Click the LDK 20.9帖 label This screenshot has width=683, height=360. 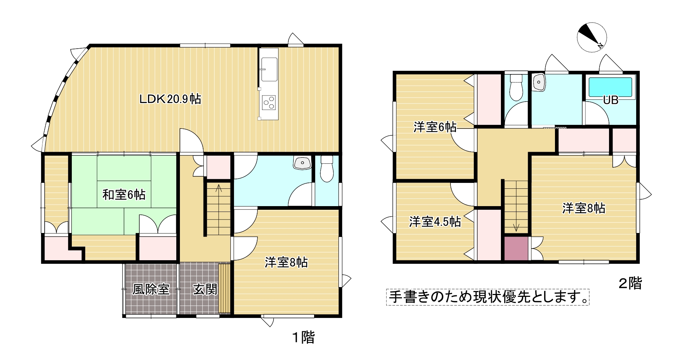(170, 99)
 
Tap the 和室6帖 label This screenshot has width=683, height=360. (124, 195)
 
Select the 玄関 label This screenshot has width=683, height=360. (205, 289)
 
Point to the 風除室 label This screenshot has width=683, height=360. (151, 289)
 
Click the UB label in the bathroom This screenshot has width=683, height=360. (610, 100)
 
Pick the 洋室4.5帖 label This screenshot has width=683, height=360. (435, 221)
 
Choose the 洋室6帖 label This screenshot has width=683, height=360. (435, 127)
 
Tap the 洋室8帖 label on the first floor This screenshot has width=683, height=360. (286, 262)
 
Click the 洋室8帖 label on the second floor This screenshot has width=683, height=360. (584, 208)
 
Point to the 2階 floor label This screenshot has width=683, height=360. (630, 283)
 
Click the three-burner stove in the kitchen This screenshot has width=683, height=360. (269, 102)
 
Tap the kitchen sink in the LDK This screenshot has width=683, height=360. (269, 69)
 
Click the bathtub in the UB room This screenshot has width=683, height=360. (610, 87)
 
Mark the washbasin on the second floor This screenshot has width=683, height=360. (539, 83)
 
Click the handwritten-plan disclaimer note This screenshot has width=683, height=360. (487, 297)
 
